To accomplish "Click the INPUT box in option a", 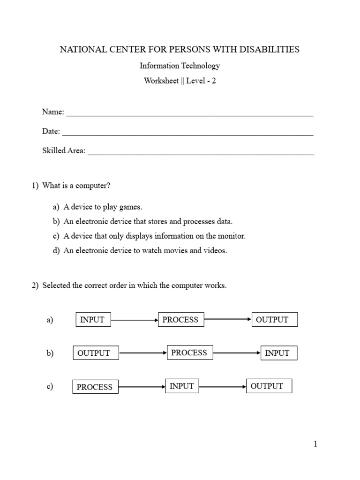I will tap(93, 320).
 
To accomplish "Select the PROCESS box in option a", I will tap(181, 320).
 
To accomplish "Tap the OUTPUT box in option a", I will tap(275, 320).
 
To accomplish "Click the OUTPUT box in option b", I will tap(96, 353).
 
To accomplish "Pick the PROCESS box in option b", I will tap(190, 352).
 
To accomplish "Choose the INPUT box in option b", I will tap(279, 353).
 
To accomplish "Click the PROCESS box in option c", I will tap(95, 387).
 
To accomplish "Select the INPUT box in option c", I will tap(182, 386).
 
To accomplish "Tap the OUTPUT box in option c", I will tap(269, 386).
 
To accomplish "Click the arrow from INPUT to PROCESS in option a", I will tap(135, 320).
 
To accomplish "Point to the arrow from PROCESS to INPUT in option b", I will tap(237, 353).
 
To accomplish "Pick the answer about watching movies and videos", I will tap(145, 250).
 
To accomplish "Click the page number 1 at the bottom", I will tap(315, 444).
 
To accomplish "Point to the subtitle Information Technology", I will tap(180, 66).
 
